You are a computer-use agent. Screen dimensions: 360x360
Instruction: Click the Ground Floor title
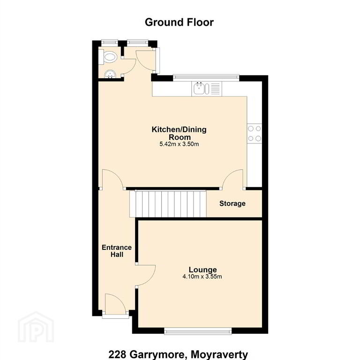point(179,22)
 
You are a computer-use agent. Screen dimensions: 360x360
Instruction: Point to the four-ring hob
point(255,134)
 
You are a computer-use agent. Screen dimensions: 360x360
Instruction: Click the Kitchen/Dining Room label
point(179,133)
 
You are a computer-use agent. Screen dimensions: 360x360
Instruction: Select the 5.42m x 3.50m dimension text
point(179,144)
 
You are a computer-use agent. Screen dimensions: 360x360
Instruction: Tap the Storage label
point(232,203)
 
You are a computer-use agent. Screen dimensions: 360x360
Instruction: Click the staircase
point(168,203)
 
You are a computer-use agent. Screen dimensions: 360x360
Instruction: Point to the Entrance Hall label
point(117,251)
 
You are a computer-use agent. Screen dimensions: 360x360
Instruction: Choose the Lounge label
point(202,270)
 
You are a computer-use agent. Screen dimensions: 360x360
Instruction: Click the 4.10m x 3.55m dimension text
point(202,277)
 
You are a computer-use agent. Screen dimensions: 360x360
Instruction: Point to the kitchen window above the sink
point(206,78)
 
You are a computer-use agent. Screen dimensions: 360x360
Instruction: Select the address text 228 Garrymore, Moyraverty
point(178,354)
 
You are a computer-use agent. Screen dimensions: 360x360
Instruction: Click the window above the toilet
point(110,43)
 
